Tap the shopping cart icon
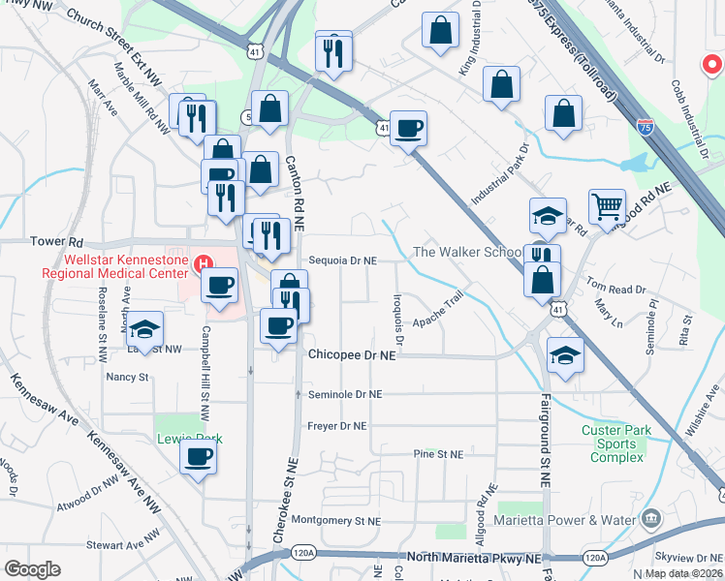(x=607, y=205)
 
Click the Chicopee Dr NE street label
(x=353, y=355)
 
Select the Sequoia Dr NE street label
(x=342, y=260)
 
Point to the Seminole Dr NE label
(x=345, y=394)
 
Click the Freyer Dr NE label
(x=336, y=425)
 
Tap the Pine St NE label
(x=438, y=454)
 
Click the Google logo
(x=32, y=568)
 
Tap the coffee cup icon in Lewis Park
(x=200, y=457)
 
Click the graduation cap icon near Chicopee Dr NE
(x=565, y=354)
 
